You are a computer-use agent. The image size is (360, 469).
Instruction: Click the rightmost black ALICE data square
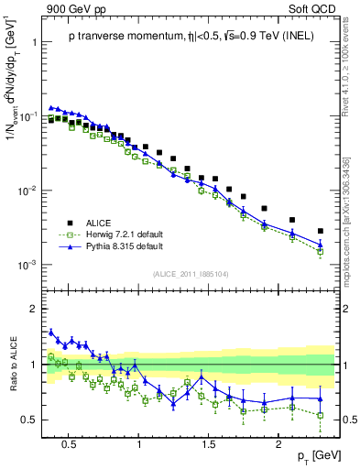click(320, 231)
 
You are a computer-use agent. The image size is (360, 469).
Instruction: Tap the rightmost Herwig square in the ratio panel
click(320, 415)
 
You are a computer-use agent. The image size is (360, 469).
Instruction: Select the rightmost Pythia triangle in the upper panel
click(320, 245)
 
